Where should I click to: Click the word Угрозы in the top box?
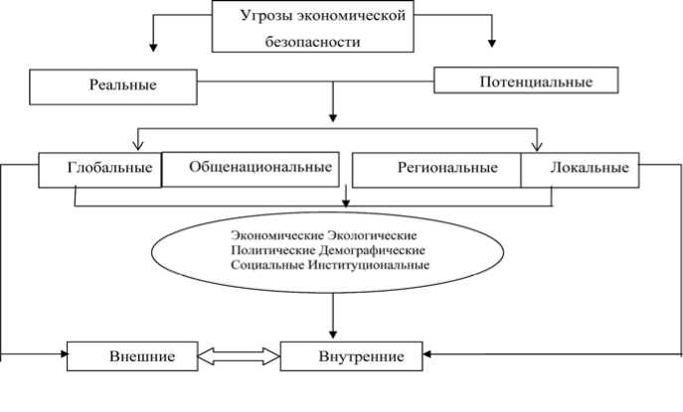coord(263,17)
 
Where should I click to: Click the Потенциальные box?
coord(527,81)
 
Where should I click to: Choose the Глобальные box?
coord(99,169)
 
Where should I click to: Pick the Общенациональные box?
coord(249,168)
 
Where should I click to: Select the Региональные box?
coord(436,169)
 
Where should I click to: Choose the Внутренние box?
coord(352,355)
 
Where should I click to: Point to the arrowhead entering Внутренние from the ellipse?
coord(332,334)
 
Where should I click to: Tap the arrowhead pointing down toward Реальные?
coord(153,44)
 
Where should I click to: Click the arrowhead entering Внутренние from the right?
coord(430,353)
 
